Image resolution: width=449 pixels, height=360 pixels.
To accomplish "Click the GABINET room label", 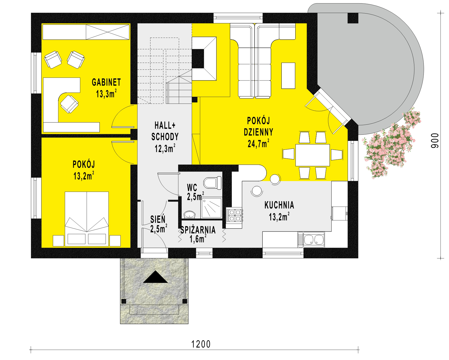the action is tap(106, 82).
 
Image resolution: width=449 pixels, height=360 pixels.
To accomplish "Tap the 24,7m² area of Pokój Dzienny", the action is tap(258, 143).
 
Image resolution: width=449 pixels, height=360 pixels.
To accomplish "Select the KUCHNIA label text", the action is tap(279, 205).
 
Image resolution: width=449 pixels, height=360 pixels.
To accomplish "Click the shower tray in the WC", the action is tap(212, 208).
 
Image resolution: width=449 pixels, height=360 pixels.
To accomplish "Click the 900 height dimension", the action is tap(435, 140).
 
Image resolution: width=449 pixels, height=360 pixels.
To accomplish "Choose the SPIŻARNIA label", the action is tap(198, 230).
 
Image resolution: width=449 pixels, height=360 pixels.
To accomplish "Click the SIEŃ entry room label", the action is tap(158, 219).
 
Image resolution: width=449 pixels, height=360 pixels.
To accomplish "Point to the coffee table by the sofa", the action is tap(288, 75).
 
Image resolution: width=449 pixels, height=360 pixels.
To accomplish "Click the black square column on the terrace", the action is tap(353, 18).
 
